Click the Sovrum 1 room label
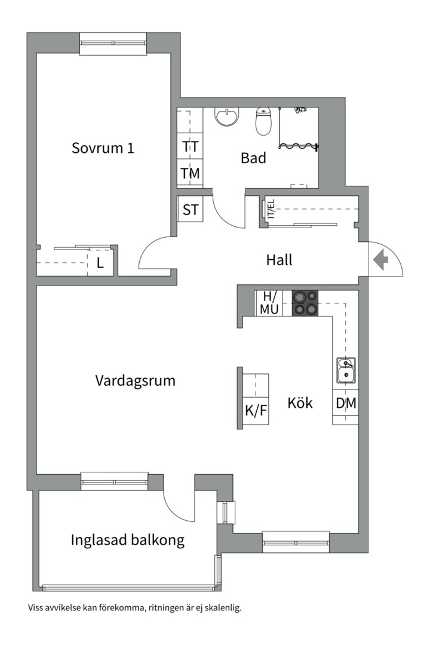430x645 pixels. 103,148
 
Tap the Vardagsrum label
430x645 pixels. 136,380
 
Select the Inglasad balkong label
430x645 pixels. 127,540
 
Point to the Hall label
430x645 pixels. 279,260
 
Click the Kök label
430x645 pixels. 300,403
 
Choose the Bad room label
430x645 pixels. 253,158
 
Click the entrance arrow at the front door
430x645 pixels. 380,260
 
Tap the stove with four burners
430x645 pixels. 305,303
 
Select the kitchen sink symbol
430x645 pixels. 345,370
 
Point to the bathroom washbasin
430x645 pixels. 227,117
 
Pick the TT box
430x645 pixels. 191,146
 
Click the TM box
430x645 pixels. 191,173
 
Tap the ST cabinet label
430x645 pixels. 191,210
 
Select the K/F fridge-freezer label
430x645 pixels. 256,411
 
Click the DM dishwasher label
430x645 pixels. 346,403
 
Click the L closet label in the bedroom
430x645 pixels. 100,263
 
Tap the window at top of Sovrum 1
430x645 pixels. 113,44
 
